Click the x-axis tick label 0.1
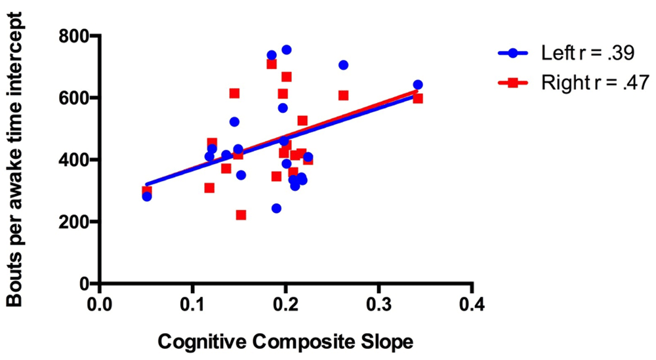[x=192, y=305]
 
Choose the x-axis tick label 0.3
[x=379, y=305]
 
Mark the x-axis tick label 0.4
[x=472, y=305]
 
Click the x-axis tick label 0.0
[x=99, y=305]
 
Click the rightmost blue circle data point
[x=418, y=85]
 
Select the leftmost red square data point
[x=146, y=191]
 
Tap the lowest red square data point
[x=241, y=215]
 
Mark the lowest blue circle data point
[x=276, y=209]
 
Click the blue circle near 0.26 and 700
[x=343, y=65]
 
